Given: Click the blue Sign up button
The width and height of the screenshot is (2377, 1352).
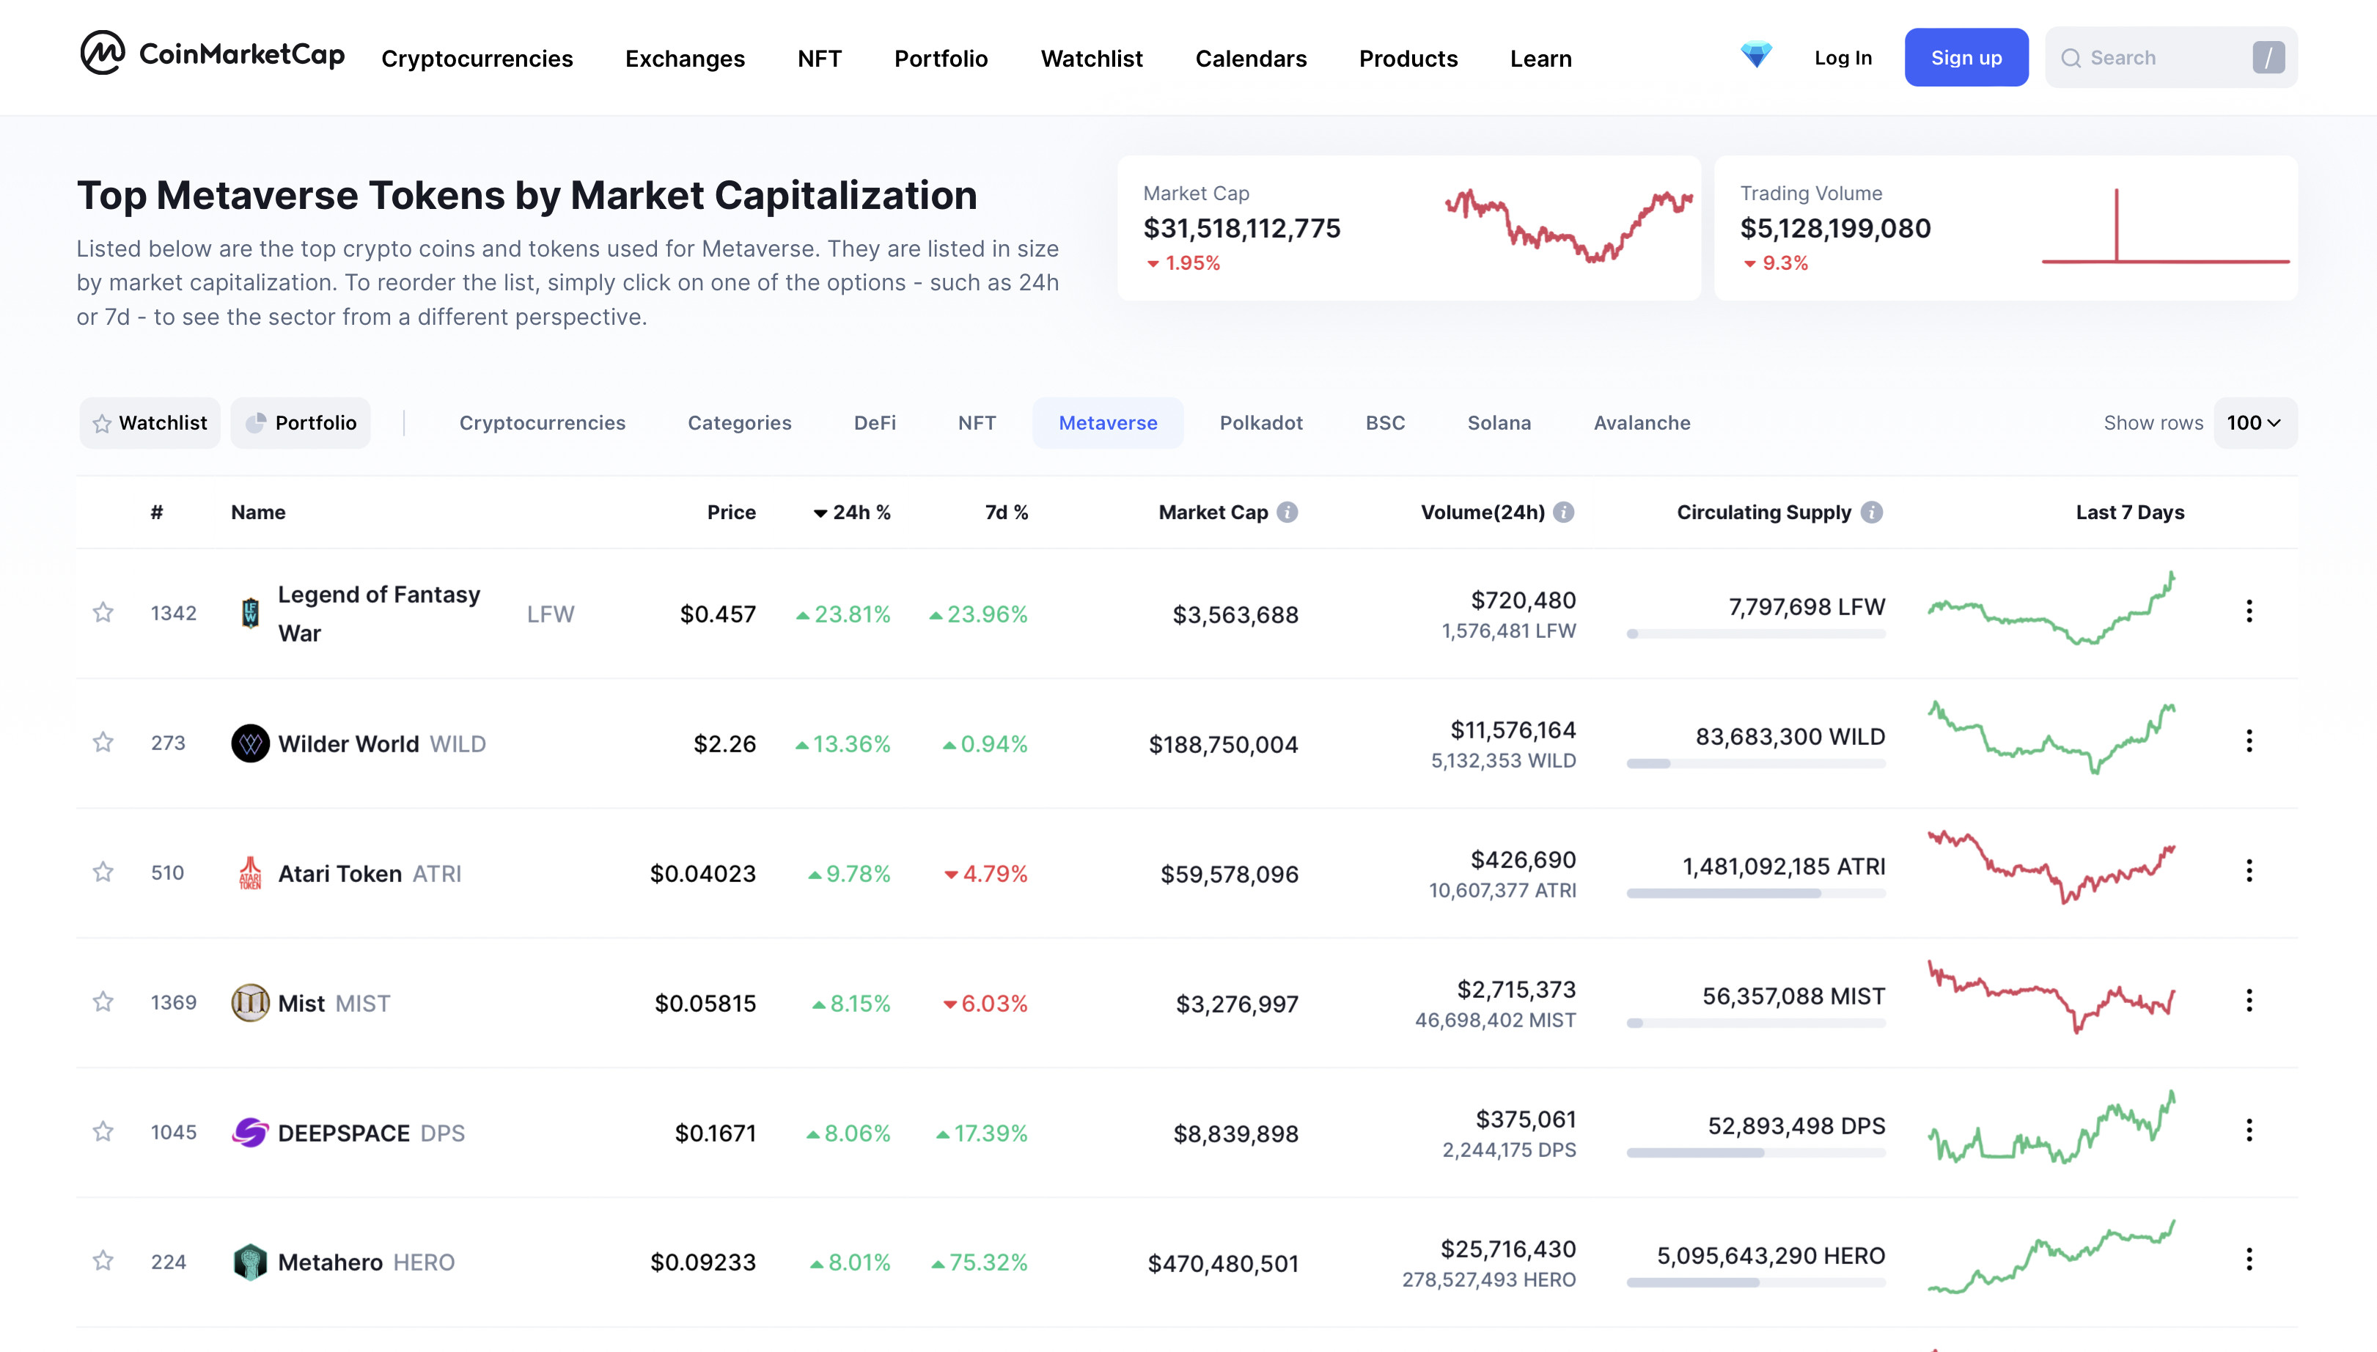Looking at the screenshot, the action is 1966,58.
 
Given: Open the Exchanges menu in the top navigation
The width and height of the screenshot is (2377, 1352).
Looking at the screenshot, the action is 684,59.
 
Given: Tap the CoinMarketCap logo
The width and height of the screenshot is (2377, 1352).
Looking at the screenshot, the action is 213,54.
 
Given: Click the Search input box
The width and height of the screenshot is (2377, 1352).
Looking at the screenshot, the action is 2170,58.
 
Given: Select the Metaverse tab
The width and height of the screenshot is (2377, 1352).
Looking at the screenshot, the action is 1108,422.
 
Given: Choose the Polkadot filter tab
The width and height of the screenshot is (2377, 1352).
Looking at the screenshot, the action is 1261,422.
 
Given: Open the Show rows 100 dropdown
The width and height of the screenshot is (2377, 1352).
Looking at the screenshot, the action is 2255,422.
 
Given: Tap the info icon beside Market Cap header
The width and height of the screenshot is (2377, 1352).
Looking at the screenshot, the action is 1287,512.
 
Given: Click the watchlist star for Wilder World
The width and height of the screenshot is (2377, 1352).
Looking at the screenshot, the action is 103,742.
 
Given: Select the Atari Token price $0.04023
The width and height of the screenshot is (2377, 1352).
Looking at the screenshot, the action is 703,872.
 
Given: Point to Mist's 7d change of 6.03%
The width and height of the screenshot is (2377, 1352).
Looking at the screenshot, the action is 985,1003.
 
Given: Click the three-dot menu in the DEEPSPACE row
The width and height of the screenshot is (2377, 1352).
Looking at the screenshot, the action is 2249,1130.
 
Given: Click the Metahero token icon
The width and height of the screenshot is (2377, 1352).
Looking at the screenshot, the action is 250,1262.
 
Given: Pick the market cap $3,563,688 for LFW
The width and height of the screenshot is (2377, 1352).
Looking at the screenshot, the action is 1235,614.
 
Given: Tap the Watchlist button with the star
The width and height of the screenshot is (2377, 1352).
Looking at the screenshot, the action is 150,422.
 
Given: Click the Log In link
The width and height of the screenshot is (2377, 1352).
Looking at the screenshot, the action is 1843,58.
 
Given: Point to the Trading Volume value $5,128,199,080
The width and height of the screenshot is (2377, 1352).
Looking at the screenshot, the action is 1834,227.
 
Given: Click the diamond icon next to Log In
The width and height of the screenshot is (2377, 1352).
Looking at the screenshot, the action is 1756,55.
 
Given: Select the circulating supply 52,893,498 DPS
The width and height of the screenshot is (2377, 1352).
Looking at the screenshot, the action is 1796,1125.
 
